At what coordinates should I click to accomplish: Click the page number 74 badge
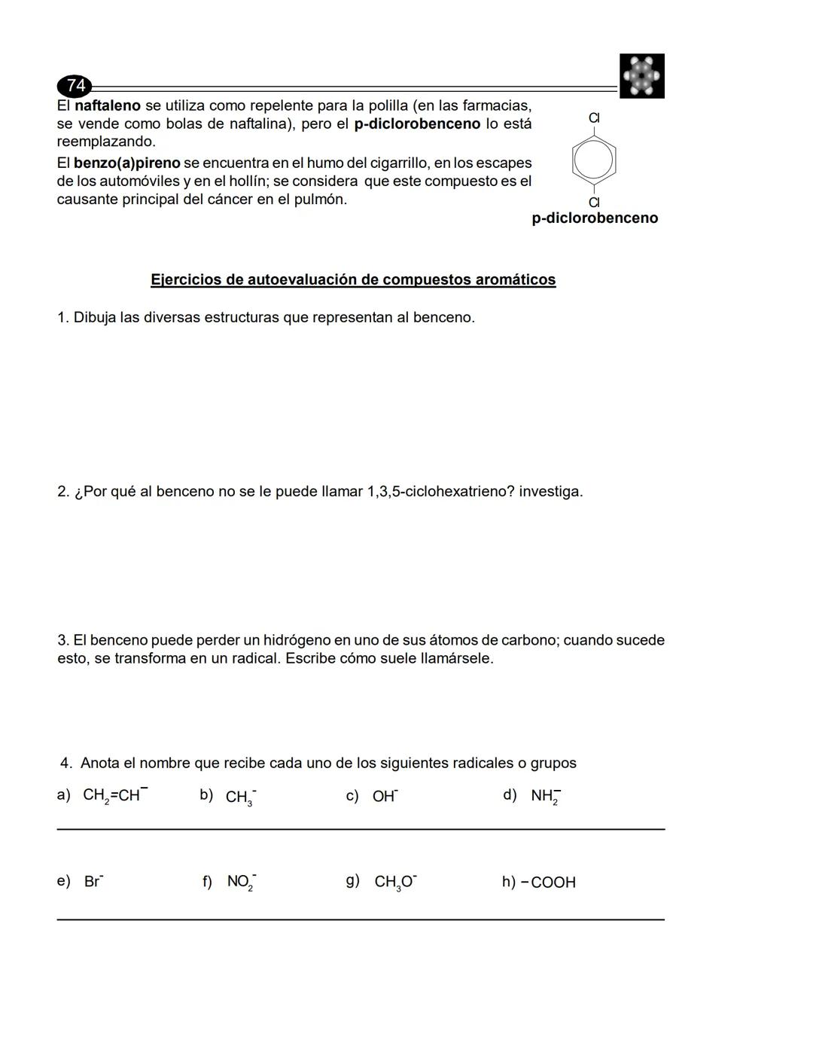click(x=75, y=86)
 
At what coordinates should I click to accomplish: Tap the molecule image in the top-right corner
click(x=641, y=76)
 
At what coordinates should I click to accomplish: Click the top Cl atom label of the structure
click(x=594, y=117)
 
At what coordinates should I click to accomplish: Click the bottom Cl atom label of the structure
click(x=594, y=202)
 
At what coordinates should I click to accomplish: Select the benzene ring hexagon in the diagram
click(x=594, y=160)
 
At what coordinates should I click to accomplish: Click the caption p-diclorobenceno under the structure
click(x=594, y=218)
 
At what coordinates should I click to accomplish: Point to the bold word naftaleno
click(x=108, y=105)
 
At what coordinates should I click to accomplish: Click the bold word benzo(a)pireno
click(x=126, y=163)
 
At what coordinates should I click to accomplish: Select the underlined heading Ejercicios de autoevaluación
click(x=353, y=279)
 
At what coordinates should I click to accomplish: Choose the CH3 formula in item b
click(x=240, y=797)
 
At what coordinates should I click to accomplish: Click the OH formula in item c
click(x=385, y=797)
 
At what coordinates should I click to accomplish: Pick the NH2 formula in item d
click(x=545, y=797)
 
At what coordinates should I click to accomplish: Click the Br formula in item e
click(x=93, y=882)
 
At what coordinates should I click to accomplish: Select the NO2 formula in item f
click(x=241, y=882)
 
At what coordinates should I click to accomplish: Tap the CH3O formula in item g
click(x=395, y=882)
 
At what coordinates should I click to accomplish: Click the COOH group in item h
click(x=553, y=883)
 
